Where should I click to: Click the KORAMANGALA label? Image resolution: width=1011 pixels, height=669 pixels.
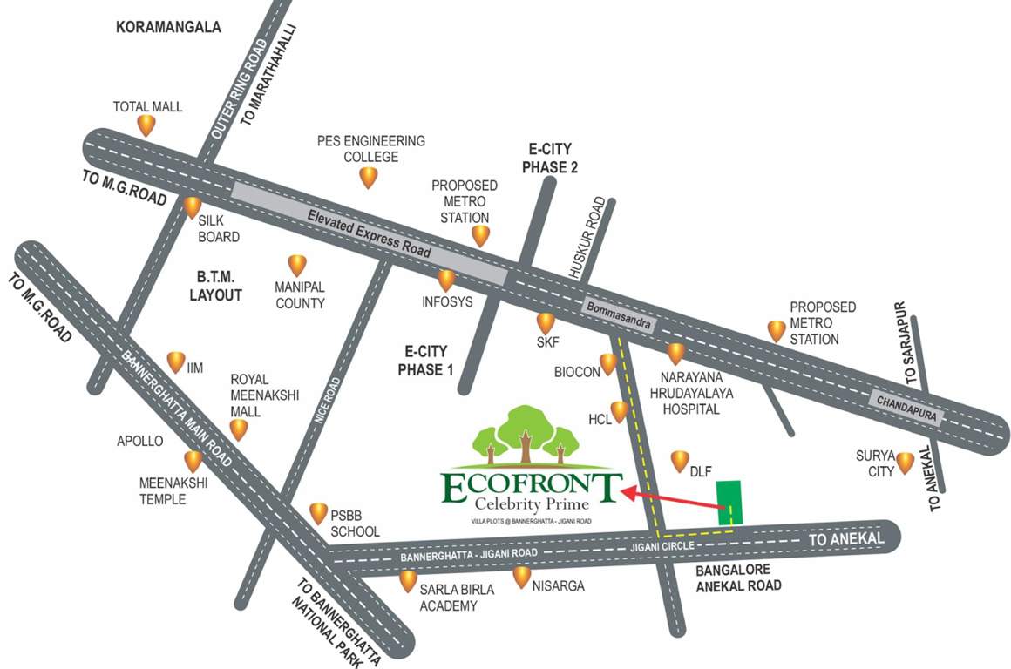pyautogui.click(x=168, y=28)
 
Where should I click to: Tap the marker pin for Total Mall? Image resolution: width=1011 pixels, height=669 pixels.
pyautogui.click(x=146, y=125)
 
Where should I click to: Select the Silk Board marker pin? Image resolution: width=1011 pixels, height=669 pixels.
pyautogui.click(x=193, y=207)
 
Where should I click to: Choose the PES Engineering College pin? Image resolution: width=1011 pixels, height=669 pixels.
pyautogui.click(x=369, y=178)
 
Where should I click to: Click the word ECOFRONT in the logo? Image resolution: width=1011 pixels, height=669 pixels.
pyautogui.click(x=532, y=487)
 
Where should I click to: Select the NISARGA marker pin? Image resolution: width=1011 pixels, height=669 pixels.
pyautogui.click(x=522, y=577)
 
